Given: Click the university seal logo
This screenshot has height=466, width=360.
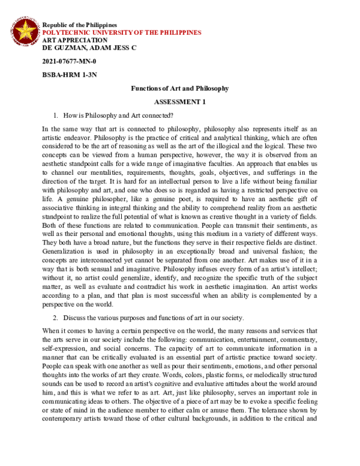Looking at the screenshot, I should [25, 32].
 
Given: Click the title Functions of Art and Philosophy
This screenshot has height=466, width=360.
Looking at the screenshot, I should [180, 88].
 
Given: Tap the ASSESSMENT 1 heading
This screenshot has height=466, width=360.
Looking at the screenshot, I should [180, 102].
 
